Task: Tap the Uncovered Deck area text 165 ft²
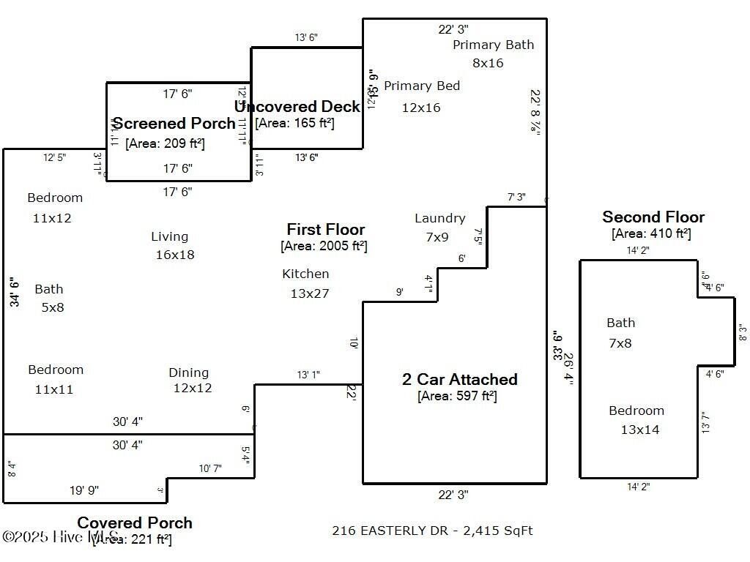[294, 123]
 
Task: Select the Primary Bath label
[493, 45]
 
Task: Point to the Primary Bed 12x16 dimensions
[421, 108]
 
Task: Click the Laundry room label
[439, 218]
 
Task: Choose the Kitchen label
[305, 274]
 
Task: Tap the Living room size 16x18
[175, 255]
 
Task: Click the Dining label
[188, 372]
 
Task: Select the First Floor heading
[325, 230]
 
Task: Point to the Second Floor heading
[653, 217]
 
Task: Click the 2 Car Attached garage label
[459, 379]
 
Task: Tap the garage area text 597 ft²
[457, 396]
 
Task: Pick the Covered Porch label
[135, 522]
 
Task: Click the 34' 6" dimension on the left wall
[14, 291]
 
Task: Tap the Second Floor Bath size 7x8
[620, 342]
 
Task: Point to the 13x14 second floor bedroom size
[639, 430]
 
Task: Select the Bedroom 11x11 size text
[54, 389]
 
